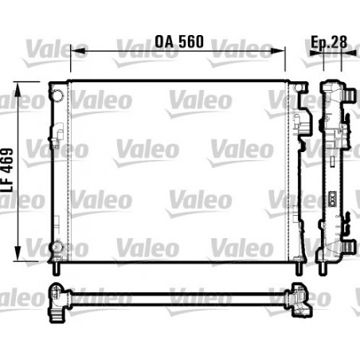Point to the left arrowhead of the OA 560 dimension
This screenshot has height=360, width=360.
coord(74,51)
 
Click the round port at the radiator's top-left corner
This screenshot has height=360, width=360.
coord(57,96)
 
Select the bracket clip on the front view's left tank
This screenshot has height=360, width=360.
coord(61,131)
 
